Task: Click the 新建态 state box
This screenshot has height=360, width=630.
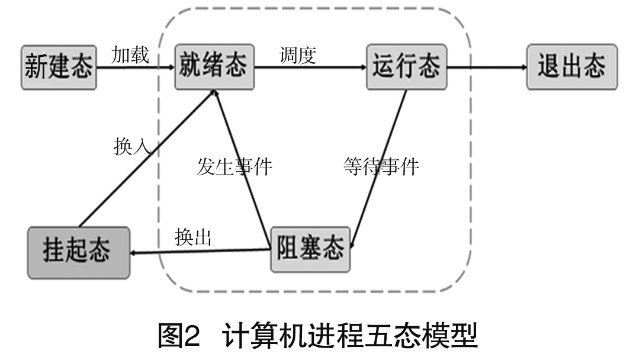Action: [58, 66]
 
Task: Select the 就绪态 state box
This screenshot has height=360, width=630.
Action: [213, 66]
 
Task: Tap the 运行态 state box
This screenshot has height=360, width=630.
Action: [406, 66]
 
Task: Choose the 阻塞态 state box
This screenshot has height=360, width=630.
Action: [310, 249]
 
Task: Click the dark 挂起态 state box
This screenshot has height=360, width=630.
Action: [78, 253]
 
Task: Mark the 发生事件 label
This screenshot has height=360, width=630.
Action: [234, 167]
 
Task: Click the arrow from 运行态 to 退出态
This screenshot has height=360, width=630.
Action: [487, 67]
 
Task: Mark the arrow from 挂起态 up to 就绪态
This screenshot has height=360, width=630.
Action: [148, 160]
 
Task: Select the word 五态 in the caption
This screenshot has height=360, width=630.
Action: [400, 336]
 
